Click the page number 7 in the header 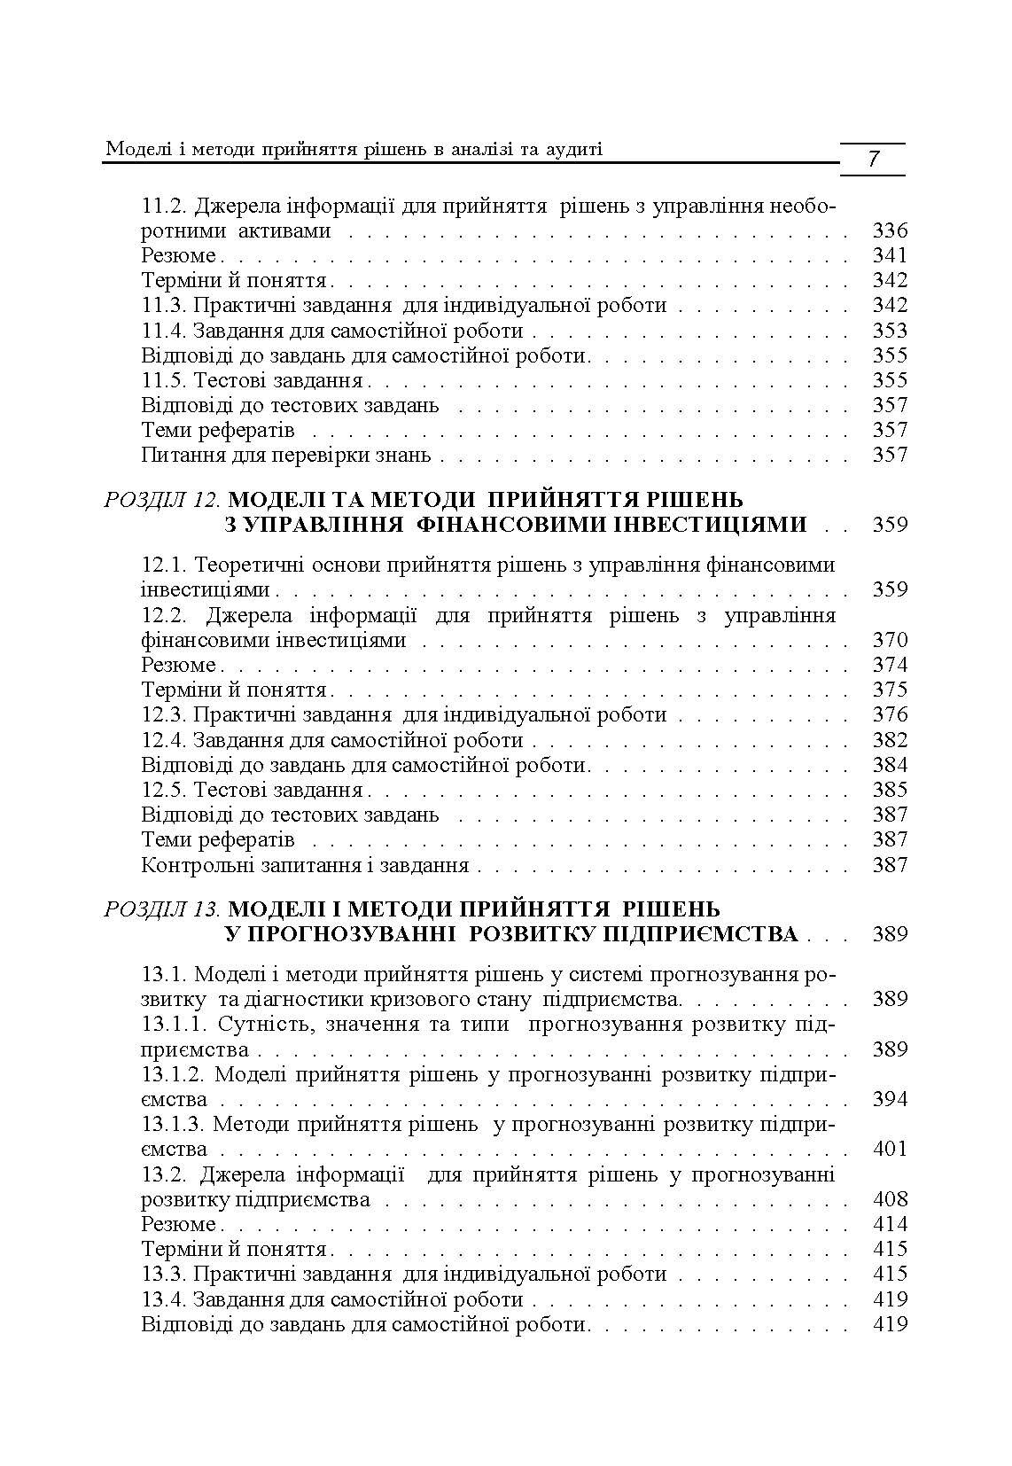click(873, 160)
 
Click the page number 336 click(890, 231)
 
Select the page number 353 click(890, 331)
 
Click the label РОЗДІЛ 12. click(162, 500)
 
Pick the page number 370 click(890, 640)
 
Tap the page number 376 click(890, 714)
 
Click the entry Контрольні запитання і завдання click(305, 865)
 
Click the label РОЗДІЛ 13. click(162, 909)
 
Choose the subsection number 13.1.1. click(174, 1025)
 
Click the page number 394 click(890, 1099)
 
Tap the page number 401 click(890, 1149)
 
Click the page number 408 click(890, 1199)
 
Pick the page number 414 click(890, 1224)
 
